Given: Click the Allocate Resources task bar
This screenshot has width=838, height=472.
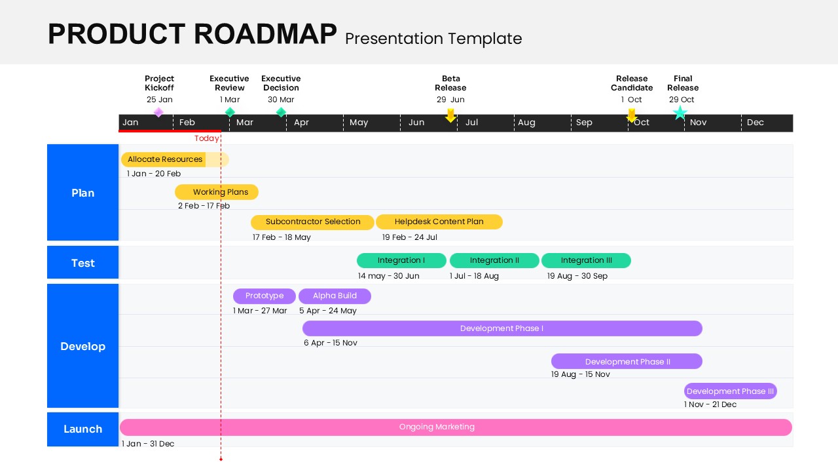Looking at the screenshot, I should [x=165, y=159].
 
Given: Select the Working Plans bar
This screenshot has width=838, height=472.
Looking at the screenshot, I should [x=217, y=192].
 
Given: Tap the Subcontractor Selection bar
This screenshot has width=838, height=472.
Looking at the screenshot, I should [x=312, y=222].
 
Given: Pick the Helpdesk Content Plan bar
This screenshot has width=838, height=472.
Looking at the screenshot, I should [x=439, y=222].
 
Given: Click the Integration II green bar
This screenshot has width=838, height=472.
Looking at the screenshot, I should [x=494, y=260].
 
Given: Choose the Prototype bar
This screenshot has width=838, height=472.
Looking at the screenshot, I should [x=264, y=296].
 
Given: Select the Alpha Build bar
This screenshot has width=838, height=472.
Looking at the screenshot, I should [x=335, y=296].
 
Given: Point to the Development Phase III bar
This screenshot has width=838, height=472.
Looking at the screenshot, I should [x=730, y=391].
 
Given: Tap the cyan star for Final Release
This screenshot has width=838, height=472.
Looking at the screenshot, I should [x=680, y=113].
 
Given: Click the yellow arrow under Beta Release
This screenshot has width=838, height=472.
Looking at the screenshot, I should [x=450, y=115].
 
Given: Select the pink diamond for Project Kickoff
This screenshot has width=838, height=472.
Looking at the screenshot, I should [x=158, y=112].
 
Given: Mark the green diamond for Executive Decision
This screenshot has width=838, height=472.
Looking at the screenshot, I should [x=281, y=112].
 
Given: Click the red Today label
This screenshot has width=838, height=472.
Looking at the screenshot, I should [x=206, y=138].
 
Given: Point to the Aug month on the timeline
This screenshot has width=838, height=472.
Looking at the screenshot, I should [x=526, y=123].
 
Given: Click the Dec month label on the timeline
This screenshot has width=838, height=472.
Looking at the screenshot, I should [x=755, y=123].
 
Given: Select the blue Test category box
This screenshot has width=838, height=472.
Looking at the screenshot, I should [x=83, y=263].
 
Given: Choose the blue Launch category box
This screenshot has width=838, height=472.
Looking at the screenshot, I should [x=83, y=429].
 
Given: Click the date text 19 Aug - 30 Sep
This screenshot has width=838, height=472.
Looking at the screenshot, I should [x=577, y=276].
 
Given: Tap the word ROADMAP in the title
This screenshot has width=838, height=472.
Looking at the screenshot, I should [x=264, y=34].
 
